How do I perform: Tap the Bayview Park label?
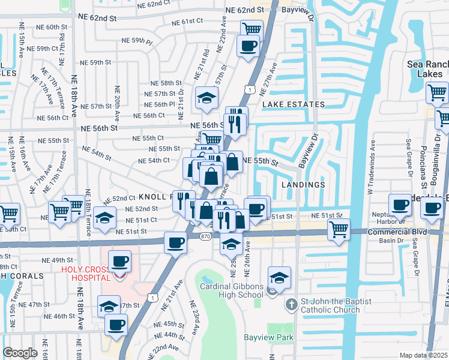(x=268, y=337)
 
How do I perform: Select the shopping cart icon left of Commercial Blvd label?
(x=339, y=229)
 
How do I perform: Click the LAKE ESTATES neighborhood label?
(x=293, y=104)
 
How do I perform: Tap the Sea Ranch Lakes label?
(x=424, y=68)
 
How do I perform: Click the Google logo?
(x=20, y=353)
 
